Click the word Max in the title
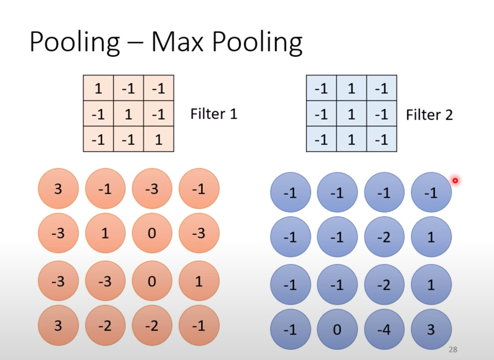(x=178, y=41)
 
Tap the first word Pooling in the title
(x=74, y=42)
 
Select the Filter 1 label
(x=214, y=114)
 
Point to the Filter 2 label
(x=429, y=114)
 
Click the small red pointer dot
(x=455, y=181)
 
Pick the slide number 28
(x=453, y=349)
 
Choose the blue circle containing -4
(x=384, y=330)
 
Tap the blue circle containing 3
(x=431, y=330)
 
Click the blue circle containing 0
(x=337, y=330)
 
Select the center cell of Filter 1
(x=128, y=114)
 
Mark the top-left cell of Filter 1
(x=98, y=88)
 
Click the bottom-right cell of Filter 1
(x=158, y=139)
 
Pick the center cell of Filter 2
(x=351, y=114)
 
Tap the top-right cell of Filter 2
(x=381, y=88)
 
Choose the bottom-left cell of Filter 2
(x=321, y=139)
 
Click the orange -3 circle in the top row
(x=152, y=189)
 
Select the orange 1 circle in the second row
(x=105, y=233)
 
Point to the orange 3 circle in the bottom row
(x=58, y=325)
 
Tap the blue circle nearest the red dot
(x=431, y=192)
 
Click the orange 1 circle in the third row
(x=199, y=281)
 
